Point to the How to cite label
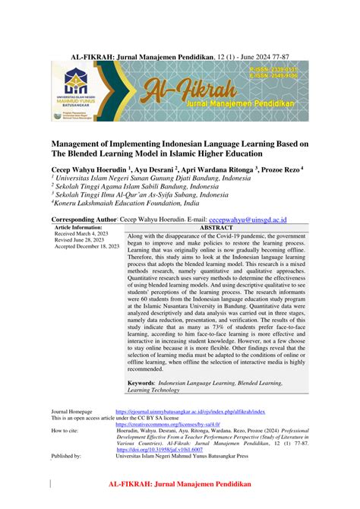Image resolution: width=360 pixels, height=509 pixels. point(65,431)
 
